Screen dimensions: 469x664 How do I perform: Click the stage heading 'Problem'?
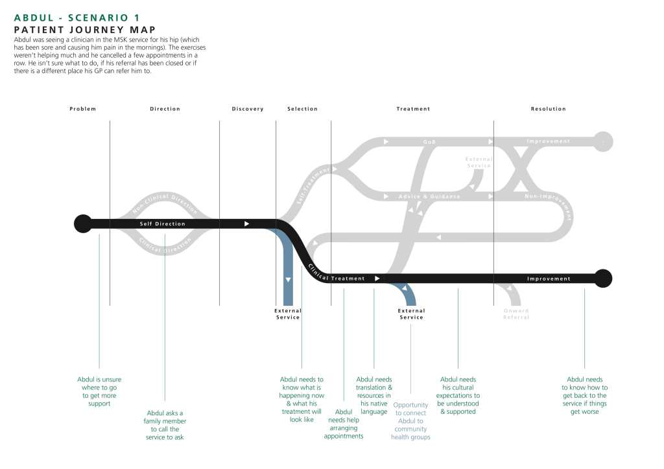click(82, 109)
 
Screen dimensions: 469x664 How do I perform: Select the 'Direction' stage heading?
click(165, 109)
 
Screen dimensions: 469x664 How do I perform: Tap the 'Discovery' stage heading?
click(248, 109)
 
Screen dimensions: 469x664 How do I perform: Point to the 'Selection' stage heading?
click(302, 109)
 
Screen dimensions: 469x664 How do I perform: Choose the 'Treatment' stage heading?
click(413, 109)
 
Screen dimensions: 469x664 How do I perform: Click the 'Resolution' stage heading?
click(548, 109)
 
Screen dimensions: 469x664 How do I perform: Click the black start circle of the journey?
click(82, 223)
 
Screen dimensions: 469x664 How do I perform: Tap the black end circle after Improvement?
click(603, 278)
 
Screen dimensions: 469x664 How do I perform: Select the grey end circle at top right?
click(603, 141)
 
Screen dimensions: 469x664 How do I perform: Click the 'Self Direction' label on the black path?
click(163, 224)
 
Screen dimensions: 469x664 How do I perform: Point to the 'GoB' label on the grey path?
click(429, 142)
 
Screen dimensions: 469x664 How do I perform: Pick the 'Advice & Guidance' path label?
click(429, 196)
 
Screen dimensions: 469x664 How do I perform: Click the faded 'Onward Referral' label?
click(516, 314)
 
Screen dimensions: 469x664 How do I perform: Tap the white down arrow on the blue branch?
click(288, 279)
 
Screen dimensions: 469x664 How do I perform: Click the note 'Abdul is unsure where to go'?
click(99, 391)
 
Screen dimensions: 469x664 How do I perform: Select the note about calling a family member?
click(165, 425)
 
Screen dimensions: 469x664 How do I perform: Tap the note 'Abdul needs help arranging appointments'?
click(344, 424)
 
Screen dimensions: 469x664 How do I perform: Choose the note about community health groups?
click(410, 421)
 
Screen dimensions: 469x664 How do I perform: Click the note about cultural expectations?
click(458, 395)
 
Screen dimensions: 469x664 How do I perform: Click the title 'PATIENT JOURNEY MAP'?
click(84, 29)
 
